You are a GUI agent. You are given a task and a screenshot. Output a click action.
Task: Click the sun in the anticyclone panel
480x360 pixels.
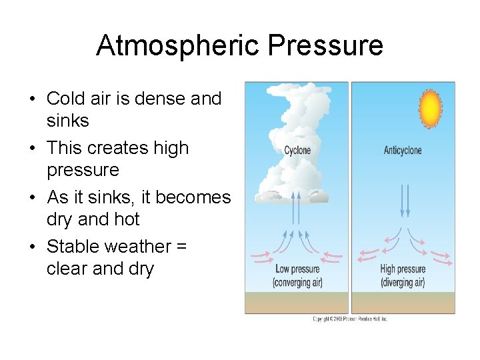(431, 107)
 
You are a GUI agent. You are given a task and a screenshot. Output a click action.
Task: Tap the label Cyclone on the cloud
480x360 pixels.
(297, 150)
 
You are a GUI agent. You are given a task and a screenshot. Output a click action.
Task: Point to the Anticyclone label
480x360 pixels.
(403, 150)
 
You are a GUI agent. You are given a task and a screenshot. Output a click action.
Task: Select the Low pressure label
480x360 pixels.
(297, 269)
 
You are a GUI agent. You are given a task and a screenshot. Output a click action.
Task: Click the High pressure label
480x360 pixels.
(403, 269)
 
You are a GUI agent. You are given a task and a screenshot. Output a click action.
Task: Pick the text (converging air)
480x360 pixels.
(297, 282)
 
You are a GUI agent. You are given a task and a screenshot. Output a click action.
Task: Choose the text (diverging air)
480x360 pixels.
(403, 282)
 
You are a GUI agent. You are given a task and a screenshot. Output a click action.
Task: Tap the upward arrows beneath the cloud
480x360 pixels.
(297, 207)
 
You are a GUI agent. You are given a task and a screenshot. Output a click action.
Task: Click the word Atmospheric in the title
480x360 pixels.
(177, 45)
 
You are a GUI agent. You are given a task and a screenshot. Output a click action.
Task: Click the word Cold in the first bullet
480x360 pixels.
(64, 99)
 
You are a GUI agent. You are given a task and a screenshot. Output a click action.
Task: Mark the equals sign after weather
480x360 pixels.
(181, 247)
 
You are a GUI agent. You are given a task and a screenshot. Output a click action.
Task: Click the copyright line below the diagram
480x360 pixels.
(350, 319)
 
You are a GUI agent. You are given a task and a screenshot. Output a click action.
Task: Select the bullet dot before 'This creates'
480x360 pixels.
(32, 149)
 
